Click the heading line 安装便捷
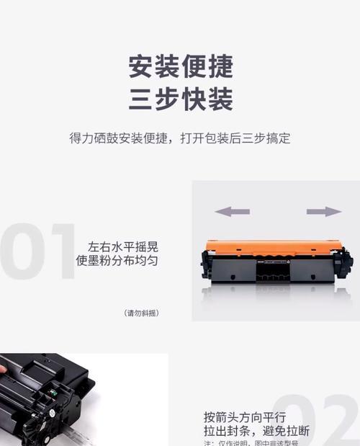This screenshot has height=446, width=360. tap(180, 66)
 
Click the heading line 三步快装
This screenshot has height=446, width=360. tap(180, 99)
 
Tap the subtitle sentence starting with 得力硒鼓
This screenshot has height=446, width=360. tap(180, 138)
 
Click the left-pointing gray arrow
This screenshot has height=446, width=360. tap(232, 211)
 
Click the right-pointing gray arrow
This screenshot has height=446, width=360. tap(323, 211)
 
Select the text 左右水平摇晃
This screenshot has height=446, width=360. tap(122, 245)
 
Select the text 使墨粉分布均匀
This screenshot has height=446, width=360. tap(117, 259)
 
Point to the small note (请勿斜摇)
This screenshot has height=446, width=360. tap(142, 313)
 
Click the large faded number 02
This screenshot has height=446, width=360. tap(317, 422)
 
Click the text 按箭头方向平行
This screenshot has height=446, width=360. tap(245, 417)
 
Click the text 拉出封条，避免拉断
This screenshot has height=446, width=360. tap(256, 431)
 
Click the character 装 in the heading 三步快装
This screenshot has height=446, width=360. tap(220, 99)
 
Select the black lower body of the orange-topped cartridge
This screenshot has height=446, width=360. tap(274, 270)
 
